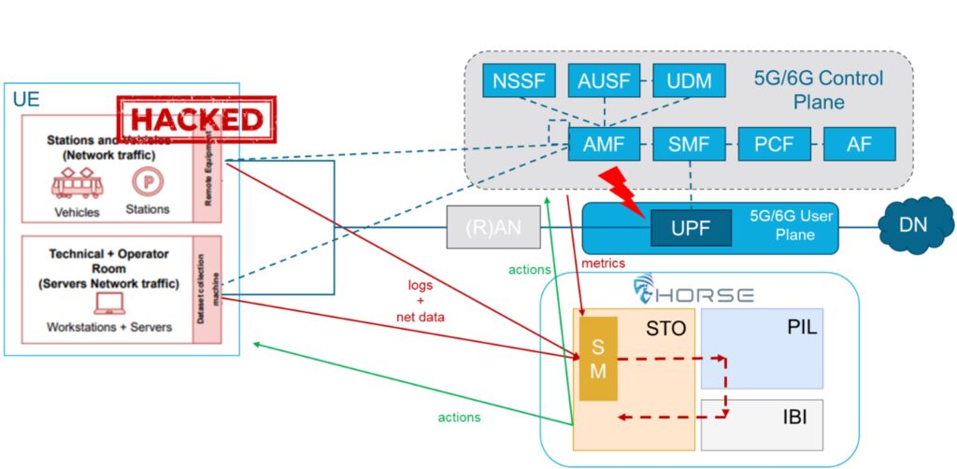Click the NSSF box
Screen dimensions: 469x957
coord(518,80)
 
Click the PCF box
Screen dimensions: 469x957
coord(773,145)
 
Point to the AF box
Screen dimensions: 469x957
coord(859,145)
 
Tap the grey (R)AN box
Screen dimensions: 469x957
coord(493,227)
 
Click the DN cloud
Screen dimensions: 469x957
coord(911,224)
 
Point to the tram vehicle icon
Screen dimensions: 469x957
coord(77,185)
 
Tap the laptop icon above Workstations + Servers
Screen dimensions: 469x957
coord(109,303)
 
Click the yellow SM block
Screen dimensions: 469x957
coord(598,359)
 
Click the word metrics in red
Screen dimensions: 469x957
coord(603,264)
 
